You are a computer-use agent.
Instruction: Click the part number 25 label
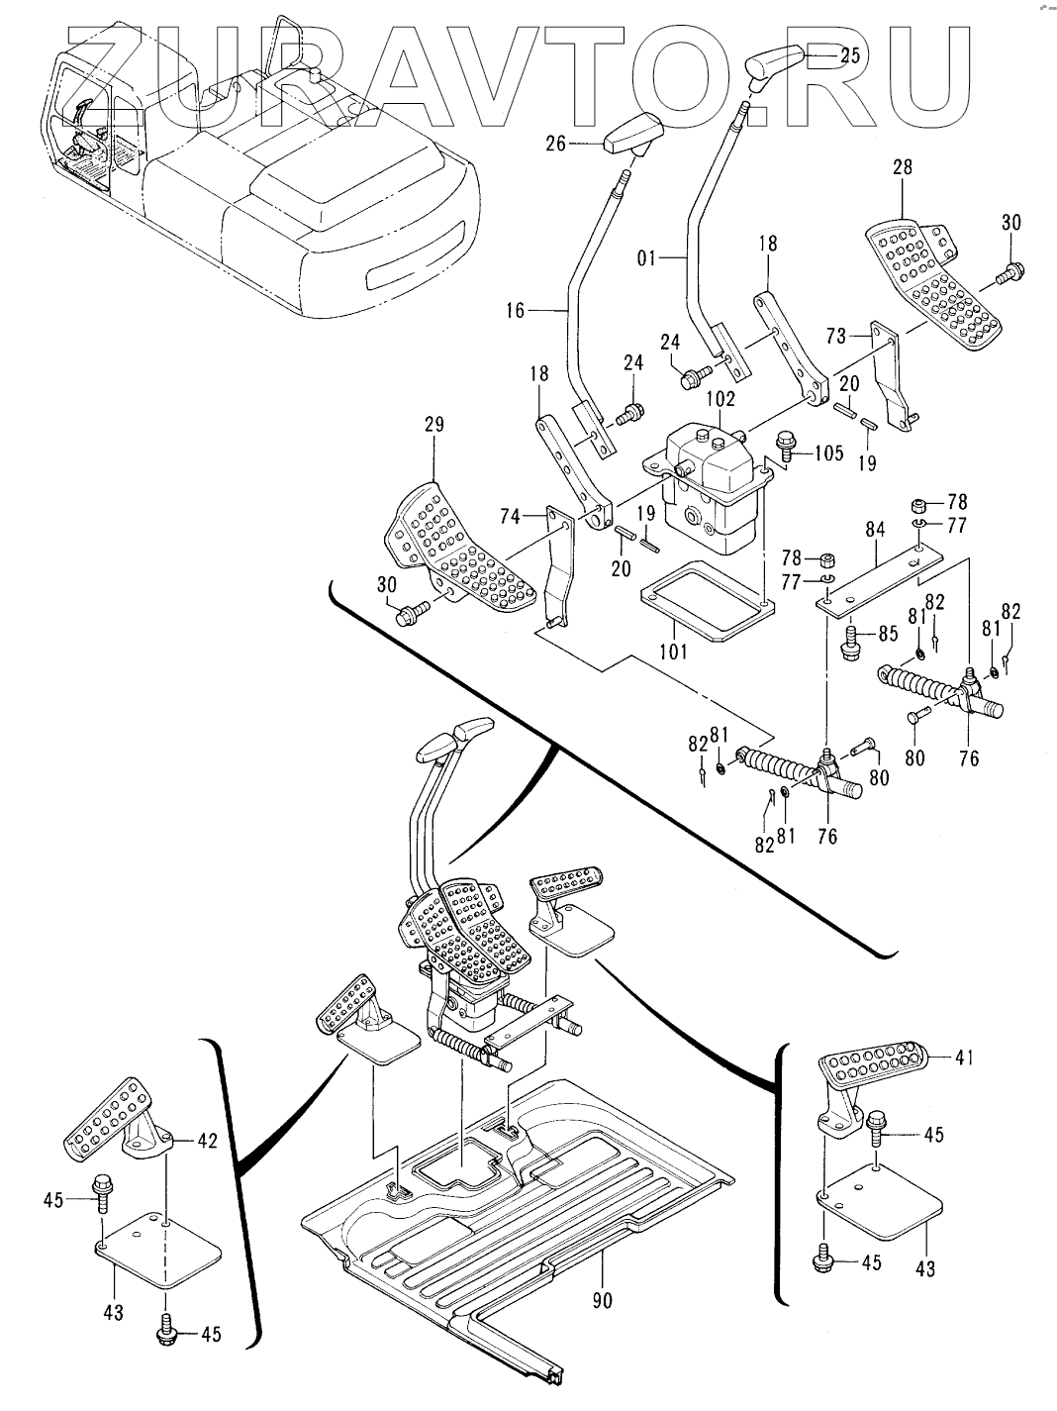[850, 56]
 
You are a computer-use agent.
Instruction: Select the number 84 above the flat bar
[875, 530]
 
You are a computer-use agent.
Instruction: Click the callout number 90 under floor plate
[601, 1300]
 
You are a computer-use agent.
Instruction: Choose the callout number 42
[206, 1141]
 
